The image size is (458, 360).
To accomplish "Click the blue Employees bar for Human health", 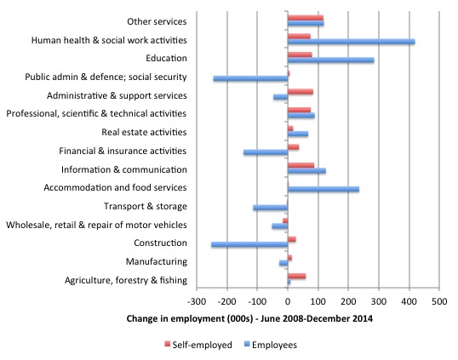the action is (x=351, y=42).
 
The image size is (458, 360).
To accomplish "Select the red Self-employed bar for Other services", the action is (x=306, y=18).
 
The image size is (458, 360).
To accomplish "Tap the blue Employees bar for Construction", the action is (x=249, y=244).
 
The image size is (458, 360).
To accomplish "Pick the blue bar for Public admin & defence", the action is (x=250, y=78).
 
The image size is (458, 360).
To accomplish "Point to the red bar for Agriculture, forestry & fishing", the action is (x=297, y=277).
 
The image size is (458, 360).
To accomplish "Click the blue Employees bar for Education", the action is (x=331, y=60).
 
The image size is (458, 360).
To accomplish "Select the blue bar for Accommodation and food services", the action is (x=323, y=189).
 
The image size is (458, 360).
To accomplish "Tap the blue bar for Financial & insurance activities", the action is (x=266, y=152).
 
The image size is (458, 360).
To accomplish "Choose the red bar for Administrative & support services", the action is (x=301, y=92).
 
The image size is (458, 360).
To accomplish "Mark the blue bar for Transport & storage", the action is (x=271, y=208).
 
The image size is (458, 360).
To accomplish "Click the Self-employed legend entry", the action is (x=198, y=345).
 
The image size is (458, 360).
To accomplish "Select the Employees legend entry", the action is (x=271, y=345).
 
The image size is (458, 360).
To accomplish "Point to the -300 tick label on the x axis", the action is (x=197, y=301).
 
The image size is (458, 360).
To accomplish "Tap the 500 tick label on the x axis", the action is (x=439, y=301).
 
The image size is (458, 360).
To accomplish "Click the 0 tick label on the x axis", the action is (x=288, y=301).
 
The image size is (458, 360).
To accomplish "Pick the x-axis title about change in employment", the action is (x=249, y=318).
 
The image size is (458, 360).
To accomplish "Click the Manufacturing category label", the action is (x=157, y=261).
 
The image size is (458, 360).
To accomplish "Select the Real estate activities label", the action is (x=144, y=132).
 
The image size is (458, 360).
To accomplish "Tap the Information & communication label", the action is (x=124, y=169).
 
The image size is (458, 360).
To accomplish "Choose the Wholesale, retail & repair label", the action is (x=96, y=225).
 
